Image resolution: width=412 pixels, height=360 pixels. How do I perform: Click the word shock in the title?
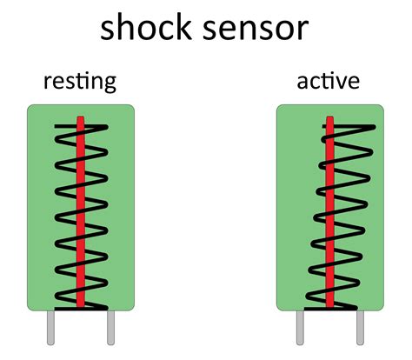click(150, 28)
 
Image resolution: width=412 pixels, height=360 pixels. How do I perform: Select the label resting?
click(80, 83)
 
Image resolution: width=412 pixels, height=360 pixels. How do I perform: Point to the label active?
click(329, 83)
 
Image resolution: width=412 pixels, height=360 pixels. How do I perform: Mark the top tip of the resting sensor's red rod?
click(81, 117)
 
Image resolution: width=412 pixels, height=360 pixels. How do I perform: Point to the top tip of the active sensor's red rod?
click(330, 117)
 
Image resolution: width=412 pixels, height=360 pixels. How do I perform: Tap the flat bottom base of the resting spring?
click(80, 308)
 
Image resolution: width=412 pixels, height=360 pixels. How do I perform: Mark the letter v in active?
click(345, 83)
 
